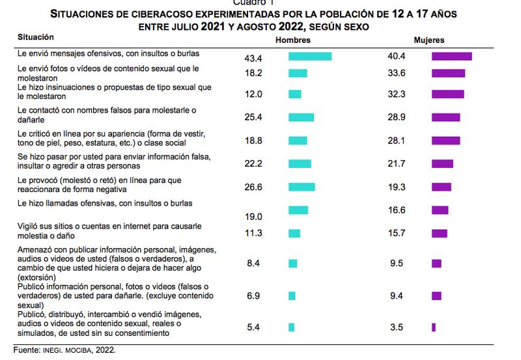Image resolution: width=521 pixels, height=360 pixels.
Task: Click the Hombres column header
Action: (x=292, y=40)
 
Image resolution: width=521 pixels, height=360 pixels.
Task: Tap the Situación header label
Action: (x=36, y=38)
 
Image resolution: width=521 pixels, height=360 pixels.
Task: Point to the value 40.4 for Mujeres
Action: (x=397, y=57)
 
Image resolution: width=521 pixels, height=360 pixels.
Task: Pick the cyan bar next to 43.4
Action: (x=310, y=57)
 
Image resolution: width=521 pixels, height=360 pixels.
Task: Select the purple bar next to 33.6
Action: (x=448, y=73)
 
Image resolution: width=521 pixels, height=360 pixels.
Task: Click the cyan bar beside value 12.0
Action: (x=295, y=94)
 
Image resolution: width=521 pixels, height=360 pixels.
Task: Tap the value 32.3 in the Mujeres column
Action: (x=397, y=94)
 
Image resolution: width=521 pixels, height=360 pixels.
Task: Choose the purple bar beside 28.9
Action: (x=445, y=117)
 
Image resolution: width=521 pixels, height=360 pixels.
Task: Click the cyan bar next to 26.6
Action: (x=302, y=187)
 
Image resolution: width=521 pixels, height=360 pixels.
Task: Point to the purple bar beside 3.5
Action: (x=433, y=327)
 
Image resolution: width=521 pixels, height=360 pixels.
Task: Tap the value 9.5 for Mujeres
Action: (x=397, y=263)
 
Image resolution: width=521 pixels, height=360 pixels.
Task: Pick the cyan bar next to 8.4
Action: (x=292, y=263)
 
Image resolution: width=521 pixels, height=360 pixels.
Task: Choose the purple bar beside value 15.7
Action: (x=439, y=233)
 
